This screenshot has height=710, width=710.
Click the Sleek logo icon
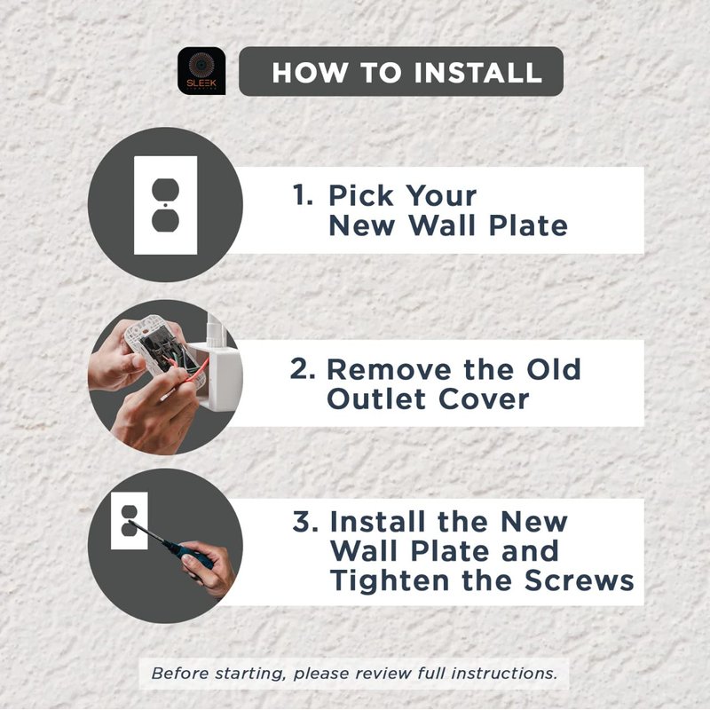[x=201, y=71]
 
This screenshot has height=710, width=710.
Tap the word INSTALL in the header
[x=478, y=73]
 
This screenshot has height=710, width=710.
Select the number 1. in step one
[x=303, y=194]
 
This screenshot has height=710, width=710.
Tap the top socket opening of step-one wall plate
[x=165, y=190]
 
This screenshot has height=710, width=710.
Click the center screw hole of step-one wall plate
[x=165, y=205]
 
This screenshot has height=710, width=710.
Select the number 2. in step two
[x=303, y=368]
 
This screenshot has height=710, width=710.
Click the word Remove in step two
[x=389, y=369]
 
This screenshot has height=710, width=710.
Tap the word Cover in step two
[x=484, y=398]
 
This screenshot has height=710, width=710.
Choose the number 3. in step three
[x=305, y=521]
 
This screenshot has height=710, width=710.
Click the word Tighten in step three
[x=390, y=580]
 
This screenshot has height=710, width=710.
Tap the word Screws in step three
[x=580, y=580]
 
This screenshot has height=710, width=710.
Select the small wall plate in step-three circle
[x=130, y=521]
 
